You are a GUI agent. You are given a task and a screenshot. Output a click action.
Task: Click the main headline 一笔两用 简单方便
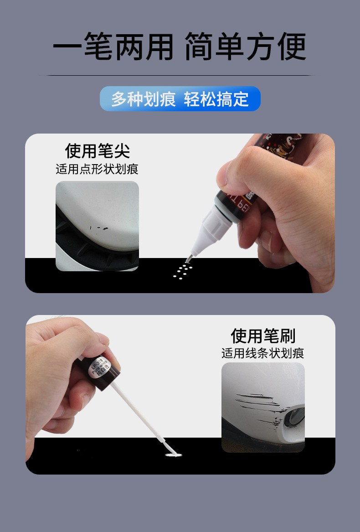point(180,46)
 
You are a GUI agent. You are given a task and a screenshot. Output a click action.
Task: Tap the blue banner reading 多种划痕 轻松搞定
point(180,99)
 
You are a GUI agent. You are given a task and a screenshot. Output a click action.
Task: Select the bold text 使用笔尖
point(98,150)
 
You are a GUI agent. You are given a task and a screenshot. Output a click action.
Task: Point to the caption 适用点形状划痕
point(97,170)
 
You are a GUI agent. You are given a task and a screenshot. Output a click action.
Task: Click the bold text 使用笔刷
point(263,336)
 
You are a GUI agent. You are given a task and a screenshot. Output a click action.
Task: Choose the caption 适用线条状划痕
point(263,353)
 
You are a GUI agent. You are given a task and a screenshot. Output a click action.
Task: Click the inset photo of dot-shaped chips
point(97,226)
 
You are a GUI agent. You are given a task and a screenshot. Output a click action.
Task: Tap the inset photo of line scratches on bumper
point(263,407)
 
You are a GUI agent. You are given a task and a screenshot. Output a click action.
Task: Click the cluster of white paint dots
point(182,270)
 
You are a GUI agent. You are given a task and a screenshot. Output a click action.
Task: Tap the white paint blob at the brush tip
point(173,455)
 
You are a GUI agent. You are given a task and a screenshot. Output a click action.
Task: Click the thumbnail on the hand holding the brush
point(101,340)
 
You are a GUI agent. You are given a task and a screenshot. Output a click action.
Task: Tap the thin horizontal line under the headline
point(180,75)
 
